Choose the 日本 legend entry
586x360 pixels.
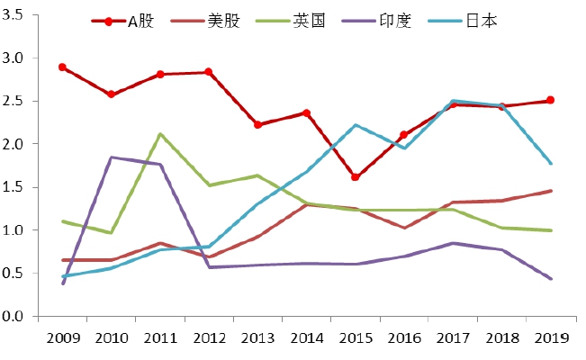pyautogui.click(x=482, y=21)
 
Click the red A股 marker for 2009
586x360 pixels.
pyautogui.click(x=62, y=67)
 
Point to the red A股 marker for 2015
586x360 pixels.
pyautogui.click(x=356, y=177)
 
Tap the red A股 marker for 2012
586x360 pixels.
pyautogui.click(x=209, y=72)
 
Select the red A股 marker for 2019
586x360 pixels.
pyautogui.click(x=550, y=100)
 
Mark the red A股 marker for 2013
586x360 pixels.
pyautogui.click(x=257, y=124)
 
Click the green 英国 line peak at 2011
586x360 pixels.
pyautogui.click(x=160, y=134)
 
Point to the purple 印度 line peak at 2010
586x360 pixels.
pyautogui.click(x=111, y=157)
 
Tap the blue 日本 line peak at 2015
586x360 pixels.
pyautogui.click(x=356, y=125)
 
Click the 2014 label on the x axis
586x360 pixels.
pyautogui.click(x=306, y=340)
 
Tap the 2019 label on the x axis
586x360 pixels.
pyautogui.click(x=550, y=340)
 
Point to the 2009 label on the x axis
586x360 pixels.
pyautogui.click(x=62, y=340)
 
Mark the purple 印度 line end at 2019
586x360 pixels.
pyautogui.click(x=550, y=279)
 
